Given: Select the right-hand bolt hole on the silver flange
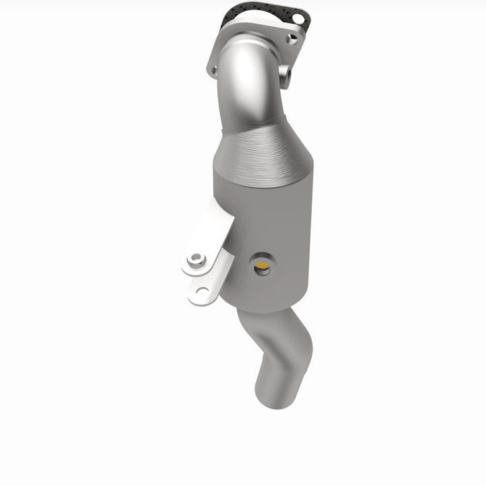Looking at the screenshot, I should pos(292,38).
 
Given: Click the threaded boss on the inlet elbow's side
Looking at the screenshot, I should pos(286,71).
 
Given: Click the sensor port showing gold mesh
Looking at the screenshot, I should pos(262,266).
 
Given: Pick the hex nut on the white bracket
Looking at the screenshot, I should pos(196,259).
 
